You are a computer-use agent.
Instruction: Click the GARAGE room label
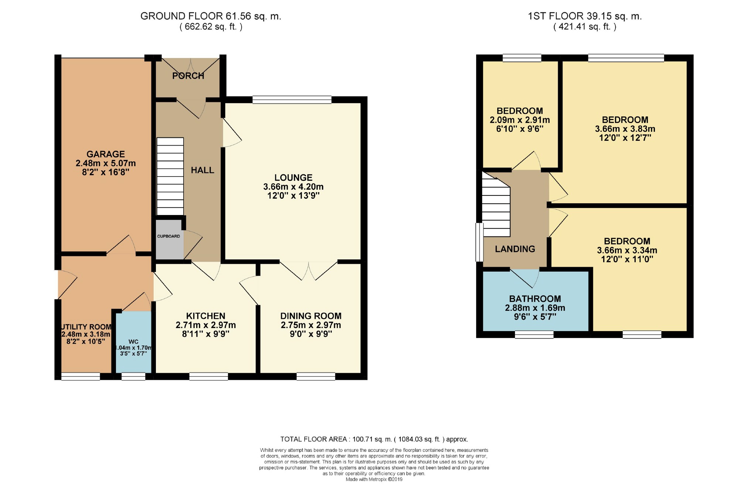106,154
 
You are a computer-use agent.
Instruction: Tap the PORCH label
188,76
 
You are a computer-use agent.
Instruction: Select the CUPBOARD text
169,236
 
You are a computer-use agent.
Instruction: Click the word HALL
202,170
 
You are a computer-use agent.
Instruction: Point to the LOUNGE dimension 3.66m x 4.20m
293,187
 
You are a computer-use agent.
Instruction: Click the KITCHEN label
206,316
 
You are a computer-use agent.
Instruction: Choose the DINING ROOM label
311,316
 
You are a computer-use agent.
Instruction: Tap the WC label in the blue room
133,342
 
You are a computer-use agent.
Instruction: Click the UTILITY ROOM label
86,327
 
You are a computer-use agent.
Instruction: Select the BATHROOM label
535,299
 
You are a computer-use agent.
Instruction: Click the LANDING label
515,249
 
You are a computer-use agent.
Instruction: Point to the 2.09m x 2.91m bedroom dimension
520,120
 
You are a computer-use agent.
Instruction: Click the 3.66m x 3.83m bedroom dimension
625,129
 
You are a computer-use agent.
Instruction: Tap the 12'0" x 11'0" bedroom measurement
627,259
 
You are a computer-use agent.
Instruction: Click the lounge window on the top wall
292,99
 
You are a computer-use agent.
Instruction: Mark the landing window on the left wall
479,242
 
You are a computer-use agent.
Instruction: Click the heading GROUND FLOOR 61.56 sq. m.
211,16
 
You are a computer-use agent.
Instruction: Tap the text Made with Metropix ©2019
374,480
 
